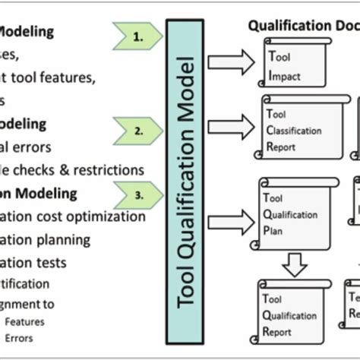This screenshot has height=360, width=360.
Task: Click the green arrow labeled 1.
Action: tap(137, 34)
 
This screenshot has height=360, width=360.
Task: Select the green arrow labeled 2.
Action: tap(137, 130)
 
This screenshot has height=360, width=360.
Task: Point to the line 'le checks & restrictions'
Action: tap(72, 169)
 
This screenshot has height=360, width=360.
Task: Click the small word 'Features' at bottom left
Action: tap(24, 321)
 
